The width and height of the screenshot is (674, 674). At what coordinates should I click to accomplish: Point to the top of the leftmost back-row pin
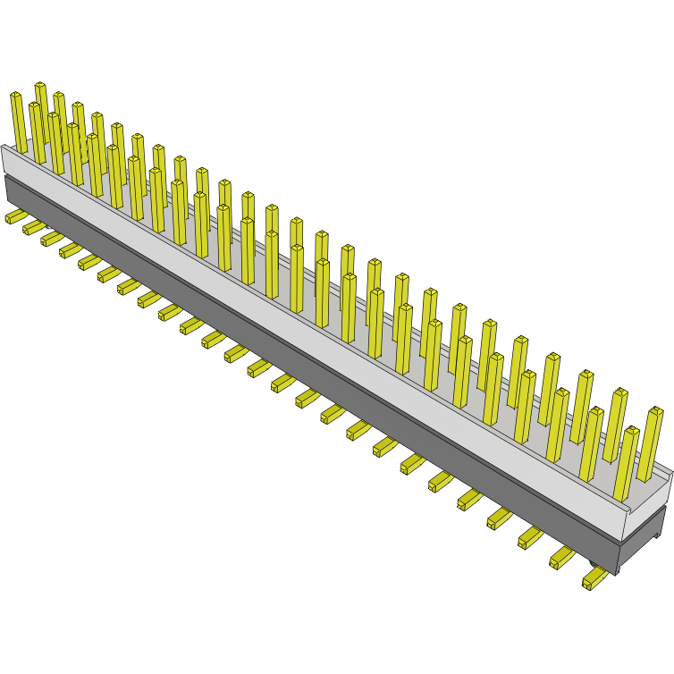point(40,86)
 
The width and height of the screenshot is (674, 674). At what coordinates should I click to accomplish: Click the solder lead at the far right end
point(594,580)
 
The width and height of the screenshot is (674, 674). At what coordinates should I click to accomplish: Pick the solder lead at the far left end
point(15,216)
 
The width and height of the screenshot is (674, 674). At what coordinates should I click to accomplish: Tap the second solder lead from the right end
point(562,557)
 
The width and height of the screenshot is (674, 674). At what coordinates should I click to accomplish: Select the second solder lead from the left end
point(34,228)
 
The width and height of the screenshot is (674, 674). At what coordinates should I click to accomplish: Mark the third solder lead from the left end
point(52,239)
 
